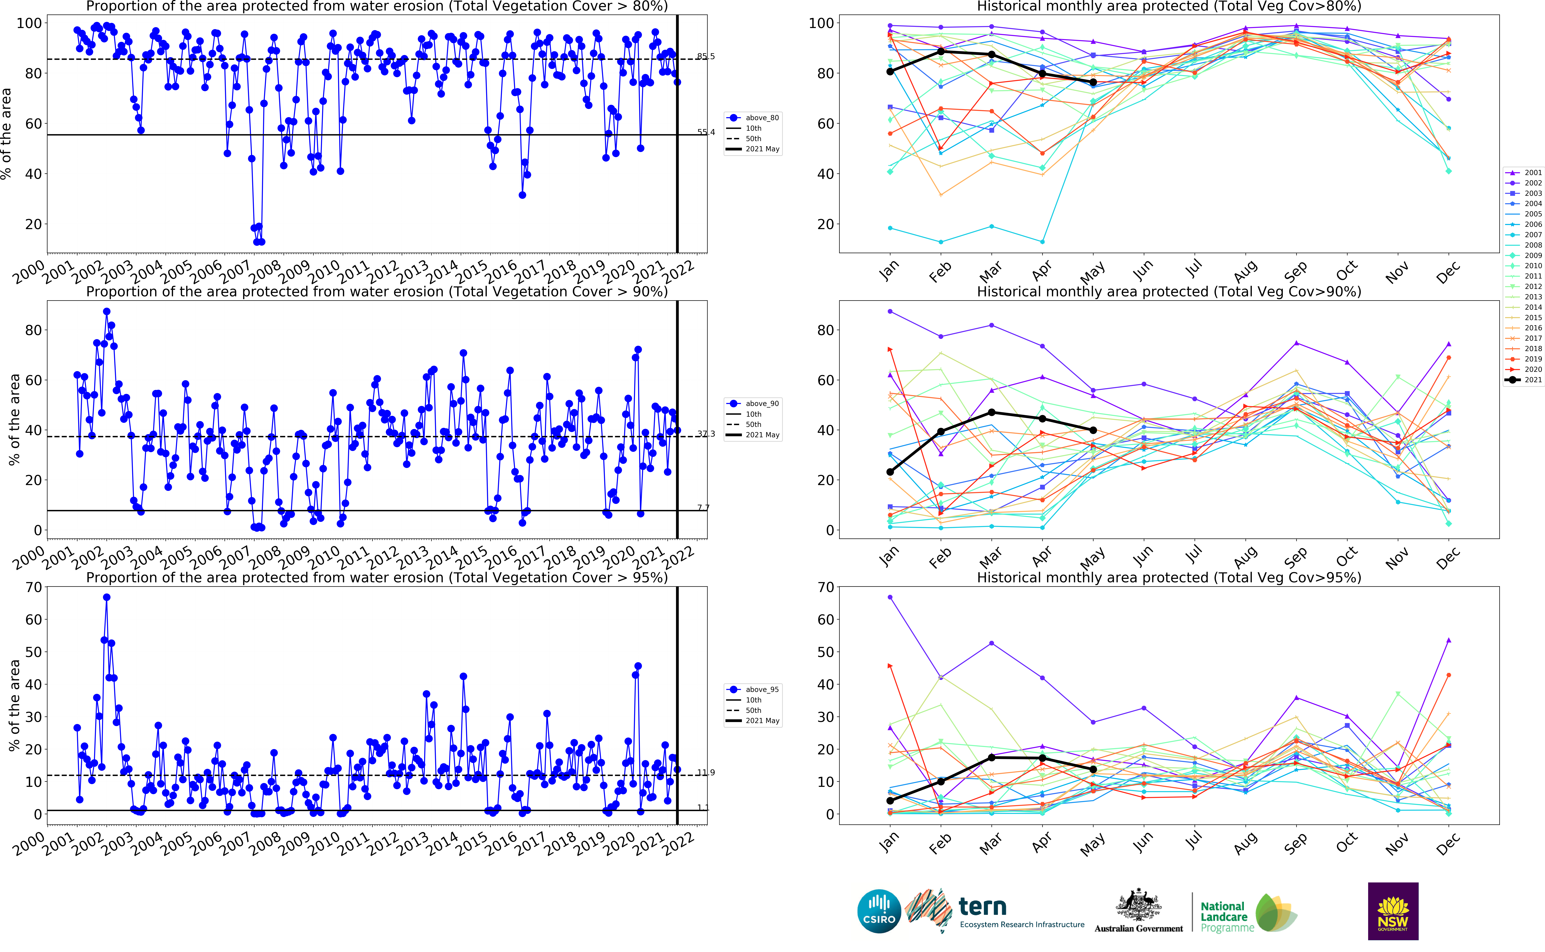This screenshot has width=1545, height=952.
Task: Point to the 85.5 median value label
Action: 706,57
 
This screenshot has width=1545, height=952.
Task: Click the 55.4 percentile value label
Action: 706,132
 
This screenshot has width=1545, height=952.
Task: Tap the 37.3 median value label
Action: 706,434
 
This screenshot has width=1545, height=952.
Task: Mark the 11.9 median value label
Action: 706,773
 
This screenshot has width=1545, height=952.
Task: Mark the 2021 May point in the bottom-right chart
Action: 1093,769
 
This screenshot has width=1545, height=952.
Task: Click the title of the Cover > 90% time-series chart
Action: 376,292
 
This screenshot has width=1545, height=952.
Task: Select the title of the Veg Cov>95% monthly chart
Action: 1169,577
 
